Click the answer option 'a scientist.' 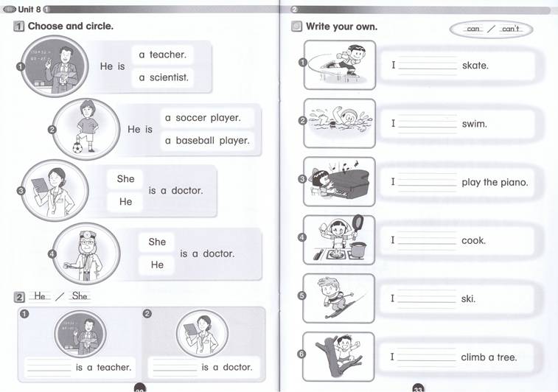[x=164, y=77]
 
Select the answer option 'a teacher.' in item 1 [x=163, y=55]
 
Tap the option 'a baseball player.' [x=207, y=141]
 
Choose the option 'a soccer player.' [x=203, y=118]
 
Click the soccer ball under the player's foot [x=77, y=147]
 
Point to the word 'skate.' [x=475, y=66]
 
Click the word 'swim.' [x=475, y=124]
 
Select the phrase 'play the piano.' [x=495, y=183]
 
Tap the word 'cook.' [x=473, y=240]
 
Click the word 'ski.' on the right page [x=468, y=299]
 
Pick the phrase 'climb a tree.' [x=489, y=357]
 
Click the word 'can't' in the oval [x=511, y=29]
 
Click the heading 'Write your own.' [x=341, y=27]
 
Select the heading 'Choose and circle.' [x=71, y=26]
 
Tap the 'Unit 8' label [x=29, y=10]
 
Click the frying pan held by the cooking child [x=358, y=223]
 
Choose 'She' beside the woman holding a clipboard [x=125, y=179]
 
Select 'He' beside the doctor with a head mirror [x=157, y=265]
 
